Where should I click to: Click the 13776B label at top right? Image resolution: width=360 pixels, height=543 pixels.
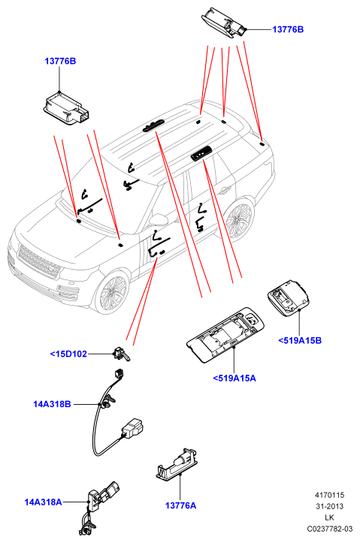coord(288,29)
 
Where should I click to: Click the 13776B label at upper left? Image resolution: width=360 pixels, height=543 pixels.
coord(60,62)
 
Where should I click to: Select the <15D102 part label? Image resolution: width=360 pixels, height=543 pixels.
coord(68,354)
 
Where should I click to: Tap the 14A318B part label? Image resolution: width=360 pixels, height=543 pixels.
coord(52,404)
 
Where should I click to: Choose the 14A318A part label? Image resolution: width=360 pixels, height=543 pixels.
coord(43,502)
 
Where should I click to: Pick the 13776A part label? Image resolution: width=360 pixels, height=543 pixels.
coord(180,506)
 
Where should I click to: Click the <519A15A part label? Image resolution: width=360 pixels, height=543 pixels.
coord(234,379)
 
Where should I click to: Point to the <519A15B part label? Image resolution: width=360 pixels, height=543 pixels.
coord(300,341)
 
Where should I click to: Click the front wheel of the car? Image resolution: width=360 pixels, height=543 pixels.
coord(111,291)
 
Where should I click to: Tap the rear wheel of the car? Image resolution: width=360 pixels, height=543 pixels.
coord(238,218)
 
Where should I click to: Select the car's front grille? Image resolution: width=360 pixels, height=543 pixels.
coord(39,261)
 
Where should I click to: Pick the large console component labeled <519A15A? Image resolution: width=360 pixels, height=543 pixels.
coord(225,334)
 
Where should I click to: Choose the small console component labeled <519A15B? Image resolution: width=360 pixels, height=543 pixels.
coord(289,298)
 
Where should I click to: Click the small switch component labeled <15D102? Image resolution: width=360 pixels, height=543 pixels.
coord(121,354)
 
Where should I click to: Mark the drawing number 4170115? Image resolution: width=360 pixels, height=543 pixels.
coord(329,495)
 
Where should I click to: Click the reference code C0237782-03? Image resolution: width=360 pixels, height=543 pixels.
coord(329,529)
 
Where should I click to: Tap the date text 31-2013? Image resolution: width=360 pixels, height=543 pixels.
coord(329,506)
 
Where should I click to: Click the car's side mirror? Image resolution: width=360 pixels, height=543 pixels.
coord(159,219)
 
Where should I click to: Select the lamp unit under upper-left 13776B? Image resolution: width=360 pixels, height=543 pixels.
coord(66,108)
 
